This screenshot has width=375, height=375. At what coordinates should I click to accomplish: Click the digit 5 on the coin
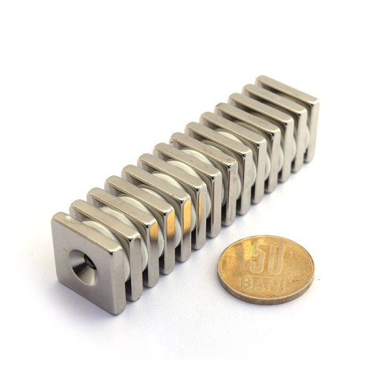coord(257,257)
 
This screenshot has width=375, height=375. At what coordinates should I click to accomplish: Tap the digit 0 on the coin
coord(276,257)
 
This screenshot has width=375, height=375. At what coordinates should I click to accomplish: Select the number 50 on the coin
coord(267,257)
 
